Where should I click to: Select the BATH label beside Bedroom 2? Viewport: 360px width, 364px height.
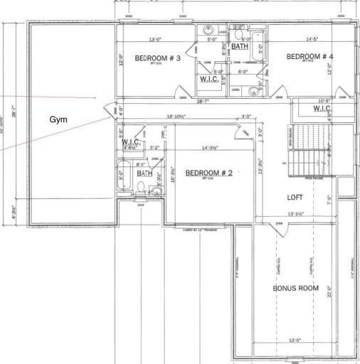[x=144, y=173]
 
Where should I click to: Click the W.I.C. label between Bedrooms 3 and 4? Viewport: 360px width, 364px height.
[x=209, y=79]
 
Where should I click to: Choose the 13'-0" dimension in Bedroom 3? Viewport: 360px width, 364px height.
[x=157, y=38]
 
